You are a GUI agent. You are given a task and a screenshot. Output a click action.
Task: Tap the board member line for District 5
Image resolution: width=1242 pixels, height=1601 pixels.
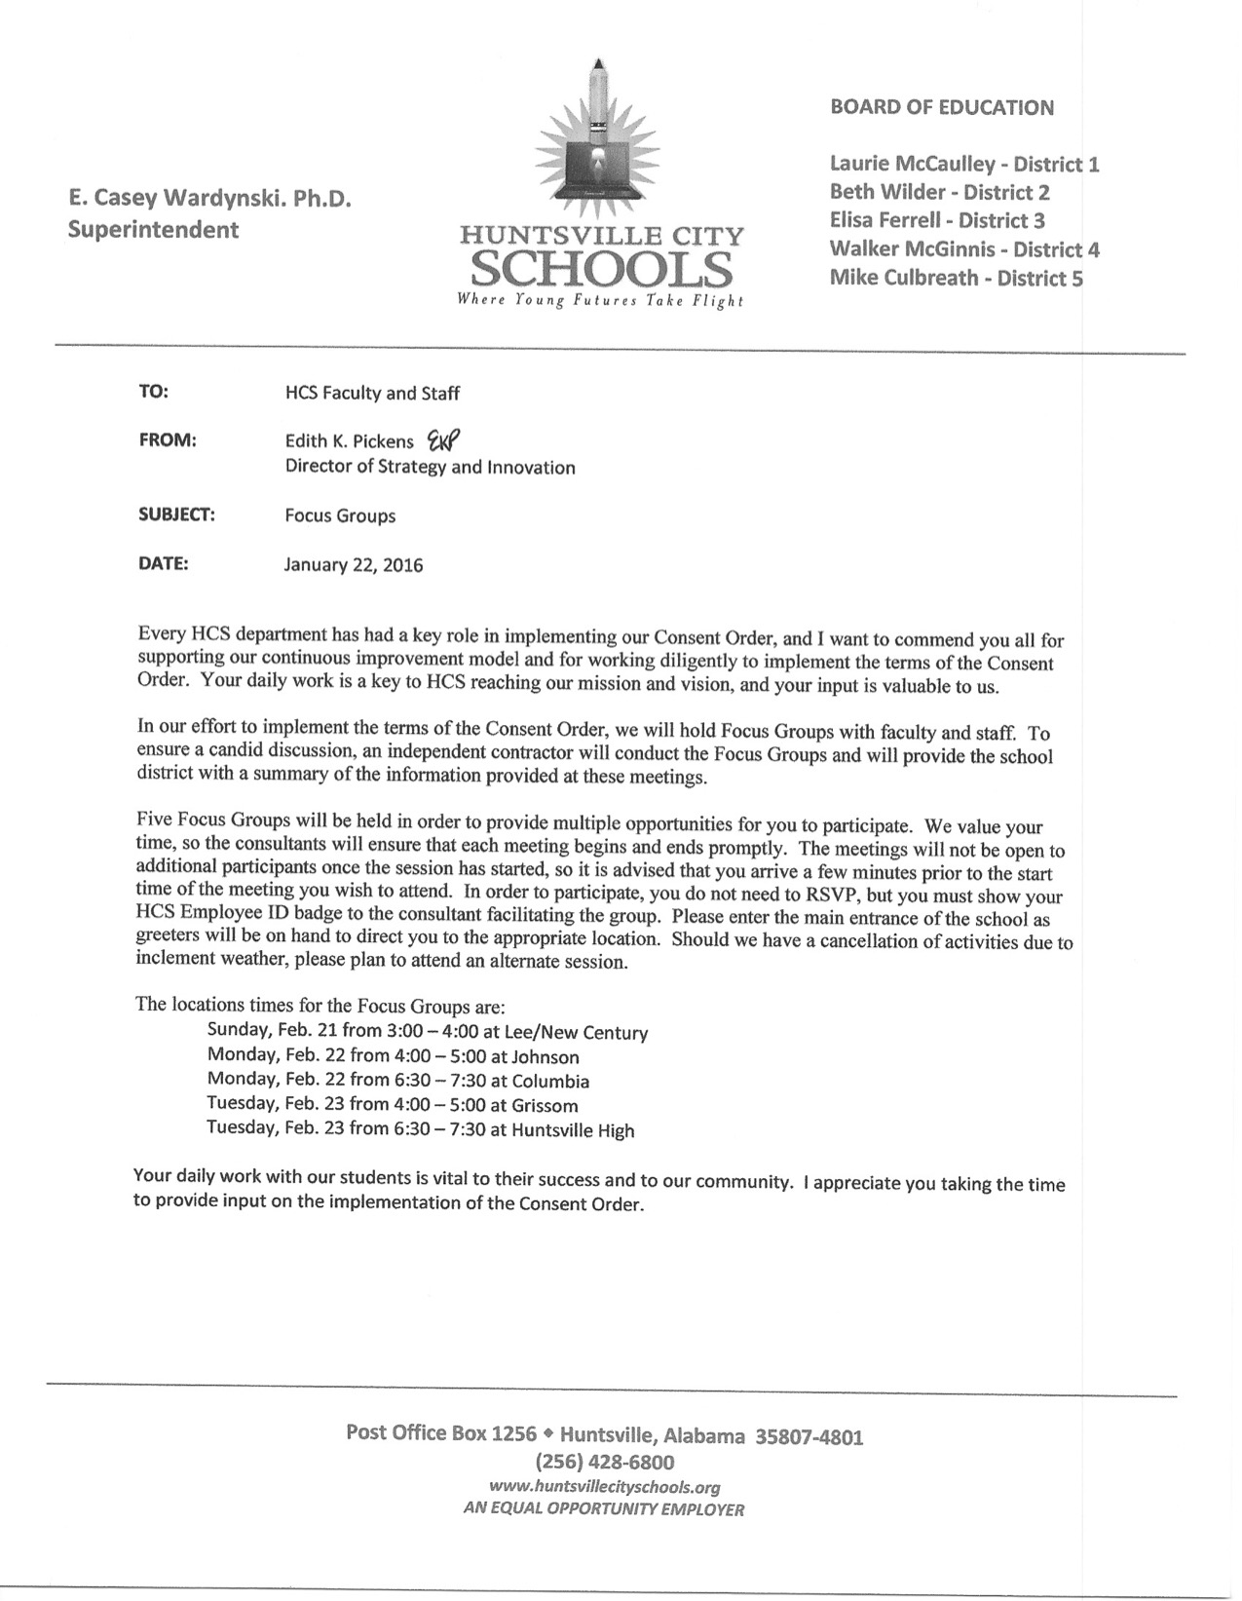click(x=956, y=278)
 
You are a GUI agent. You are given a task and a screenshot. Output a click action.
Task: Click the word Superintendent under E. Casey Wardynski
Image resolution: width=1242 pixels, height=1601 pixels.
click(x=153, y=230)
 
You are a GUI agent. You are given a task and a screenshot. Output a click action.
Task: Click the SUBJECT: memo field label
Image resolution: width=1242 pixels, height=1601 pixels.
click(x=176, y=515)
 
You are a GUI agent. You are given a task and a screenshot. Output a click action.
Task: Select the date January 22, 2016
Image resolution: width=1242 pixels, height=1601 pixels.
click(x=354, y=565)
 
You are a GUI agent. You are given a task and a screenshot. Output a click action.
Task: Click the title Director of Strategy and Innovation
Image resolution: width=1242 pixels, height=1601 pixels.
click(x=430, y=468)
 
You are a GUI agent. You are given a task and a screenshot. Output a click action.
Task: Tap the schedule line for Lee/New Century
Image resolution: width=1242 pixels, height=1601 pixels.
click(x=428, y=1032)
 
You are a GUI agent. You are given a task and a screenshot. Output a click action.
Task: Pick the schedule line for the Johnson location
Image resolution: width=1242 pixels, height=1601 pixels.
click(x=394, y=1056)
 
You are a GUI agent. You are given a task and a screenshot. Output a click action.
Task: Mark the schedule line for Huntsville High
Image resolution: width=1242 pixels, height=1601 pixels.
click(x=421, y=1130)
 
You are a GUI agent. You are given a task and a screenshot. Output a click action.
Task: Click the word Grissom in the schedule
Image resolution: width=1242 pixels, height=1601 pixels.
click(x=546, y=1106)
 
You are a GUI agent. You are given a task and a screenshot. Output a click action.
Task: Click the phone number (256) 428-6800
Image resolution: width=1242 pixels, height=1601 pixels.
click(x=605, y=1462)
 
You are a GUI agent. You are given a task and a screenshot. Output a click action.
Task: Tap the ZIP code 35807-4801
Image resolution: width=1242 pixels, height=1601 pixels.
click(x=809, y=1436)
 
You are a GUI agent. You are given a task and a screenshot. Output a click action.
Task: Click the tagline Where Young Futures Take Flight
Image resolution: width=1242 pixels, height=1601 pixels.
click(x=601, y=301)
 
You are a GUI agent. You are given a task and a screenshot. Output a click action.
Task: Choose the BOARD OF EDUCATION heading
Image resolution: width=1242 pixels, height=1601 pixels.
click(x=942, y=108)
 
